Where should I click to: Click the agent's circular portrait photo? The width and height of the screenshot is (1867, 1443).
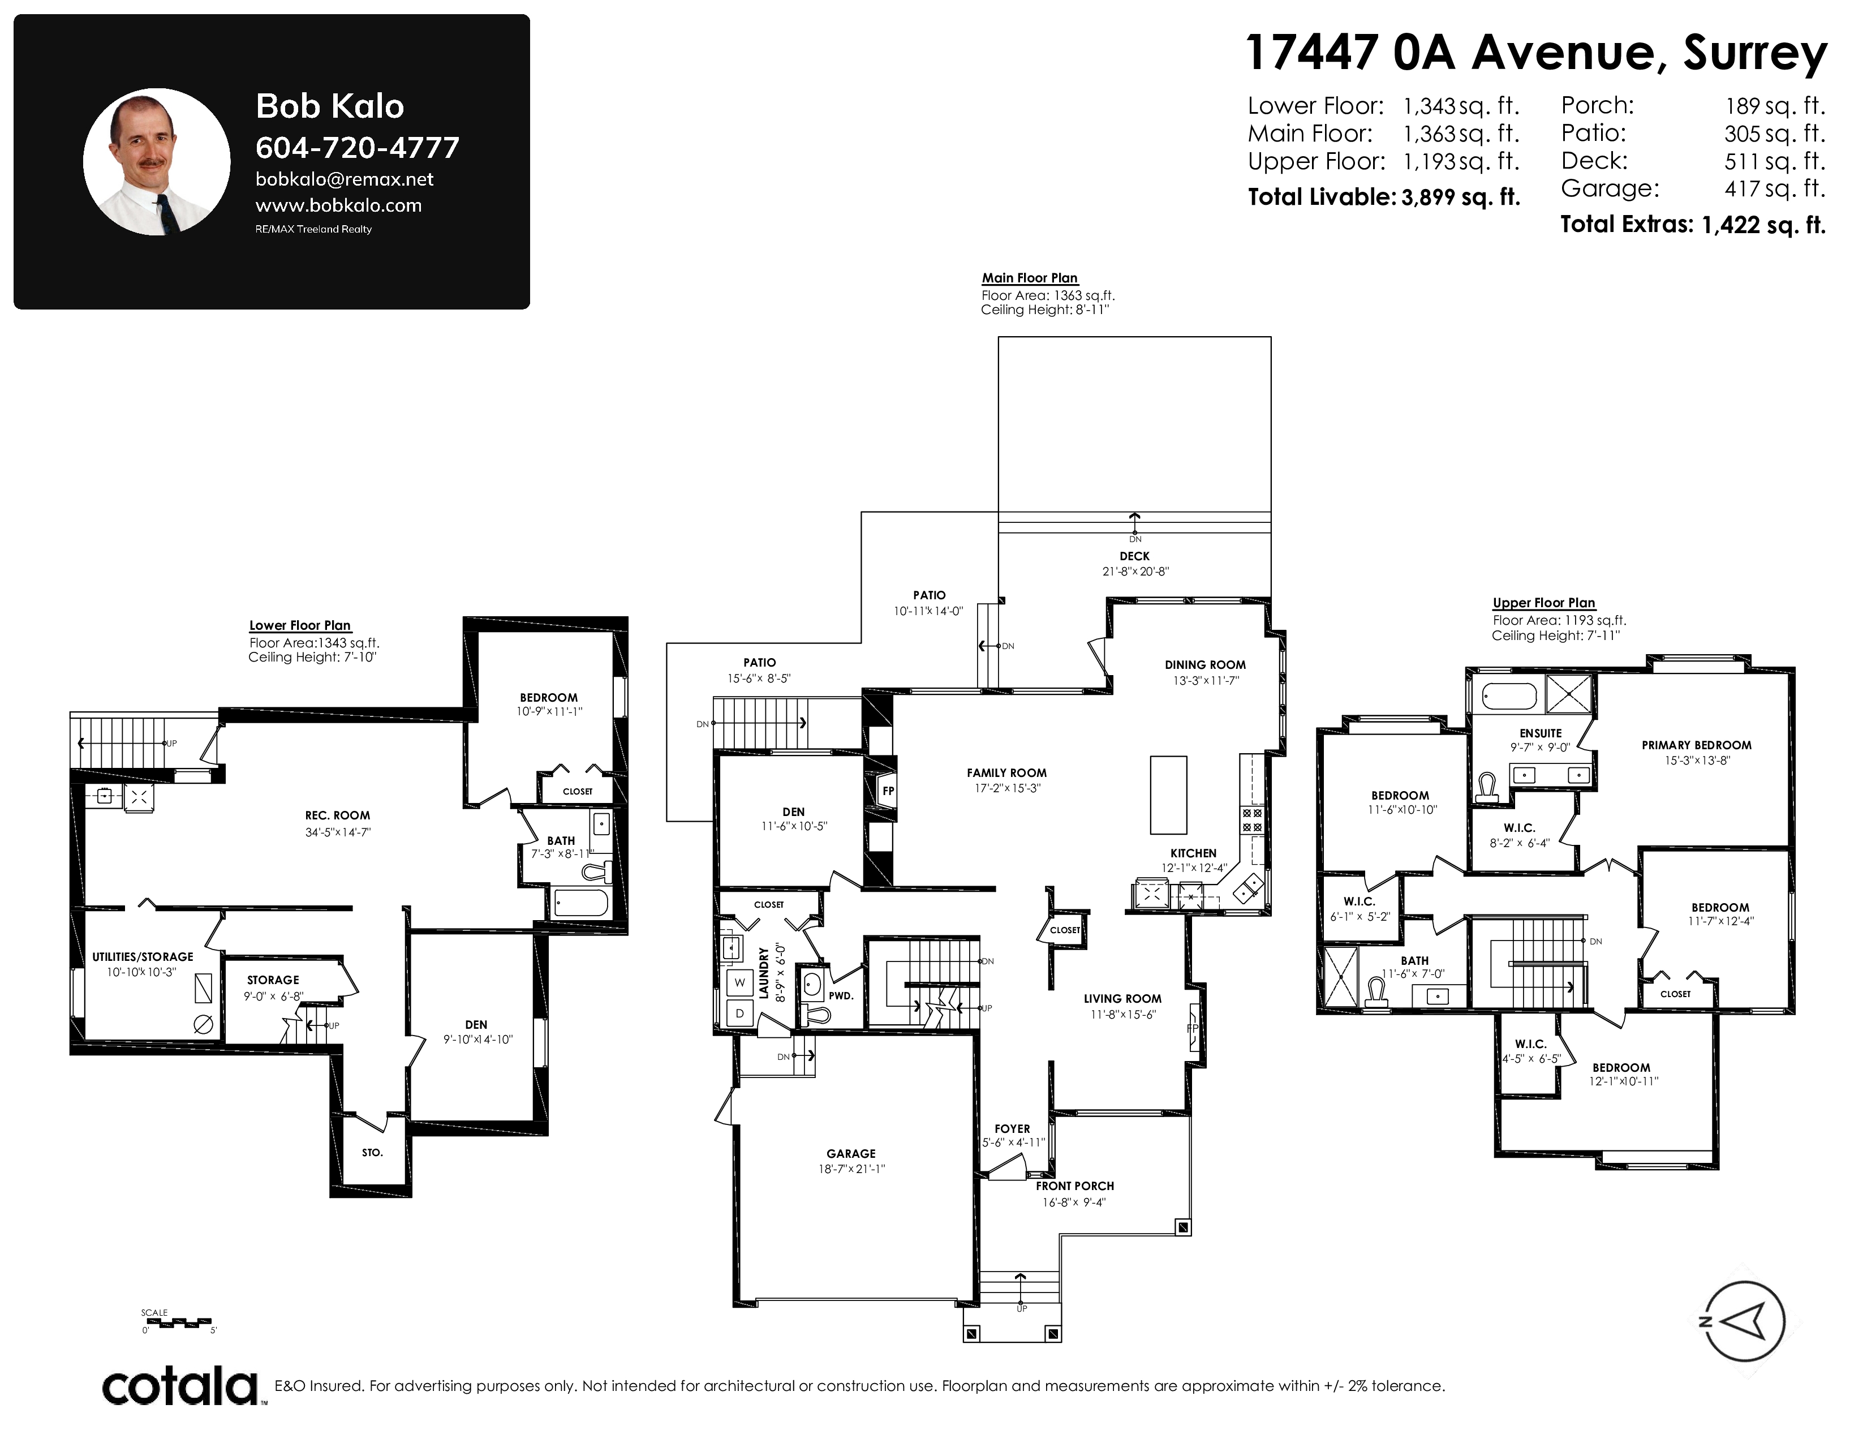point(157,162)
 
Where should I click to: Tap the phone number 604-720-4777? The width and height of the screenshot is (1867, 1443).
point(358,148)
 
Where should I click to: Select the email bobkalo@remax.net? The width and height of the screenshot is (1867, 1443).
point(345,179)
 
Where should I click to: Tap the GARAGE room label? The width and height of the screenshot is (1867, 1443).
point(850,1153)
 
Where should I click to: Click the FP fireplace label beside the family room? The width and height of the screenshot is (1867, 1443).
point(888,791)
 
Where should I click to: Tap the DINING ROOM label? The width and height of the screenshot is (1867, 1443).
point(1204,664)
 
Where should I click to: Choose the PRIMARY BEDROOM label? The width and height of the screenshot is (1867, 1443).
point(1696,745)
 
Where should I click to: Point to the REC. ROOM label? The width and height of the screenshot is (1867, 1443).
point(338,815)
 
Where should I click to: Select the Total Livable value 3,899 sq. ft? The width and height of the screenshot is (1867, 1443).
point(1461,197)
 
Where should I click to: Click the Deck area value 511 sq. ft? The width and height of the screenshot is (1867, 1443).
point(1775,161)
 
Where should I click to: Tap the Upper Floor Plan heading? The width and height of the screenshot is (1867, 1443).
point(1544,603)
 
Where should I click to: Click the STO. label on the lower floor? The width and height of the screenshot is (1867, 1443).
point(372,1152)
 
